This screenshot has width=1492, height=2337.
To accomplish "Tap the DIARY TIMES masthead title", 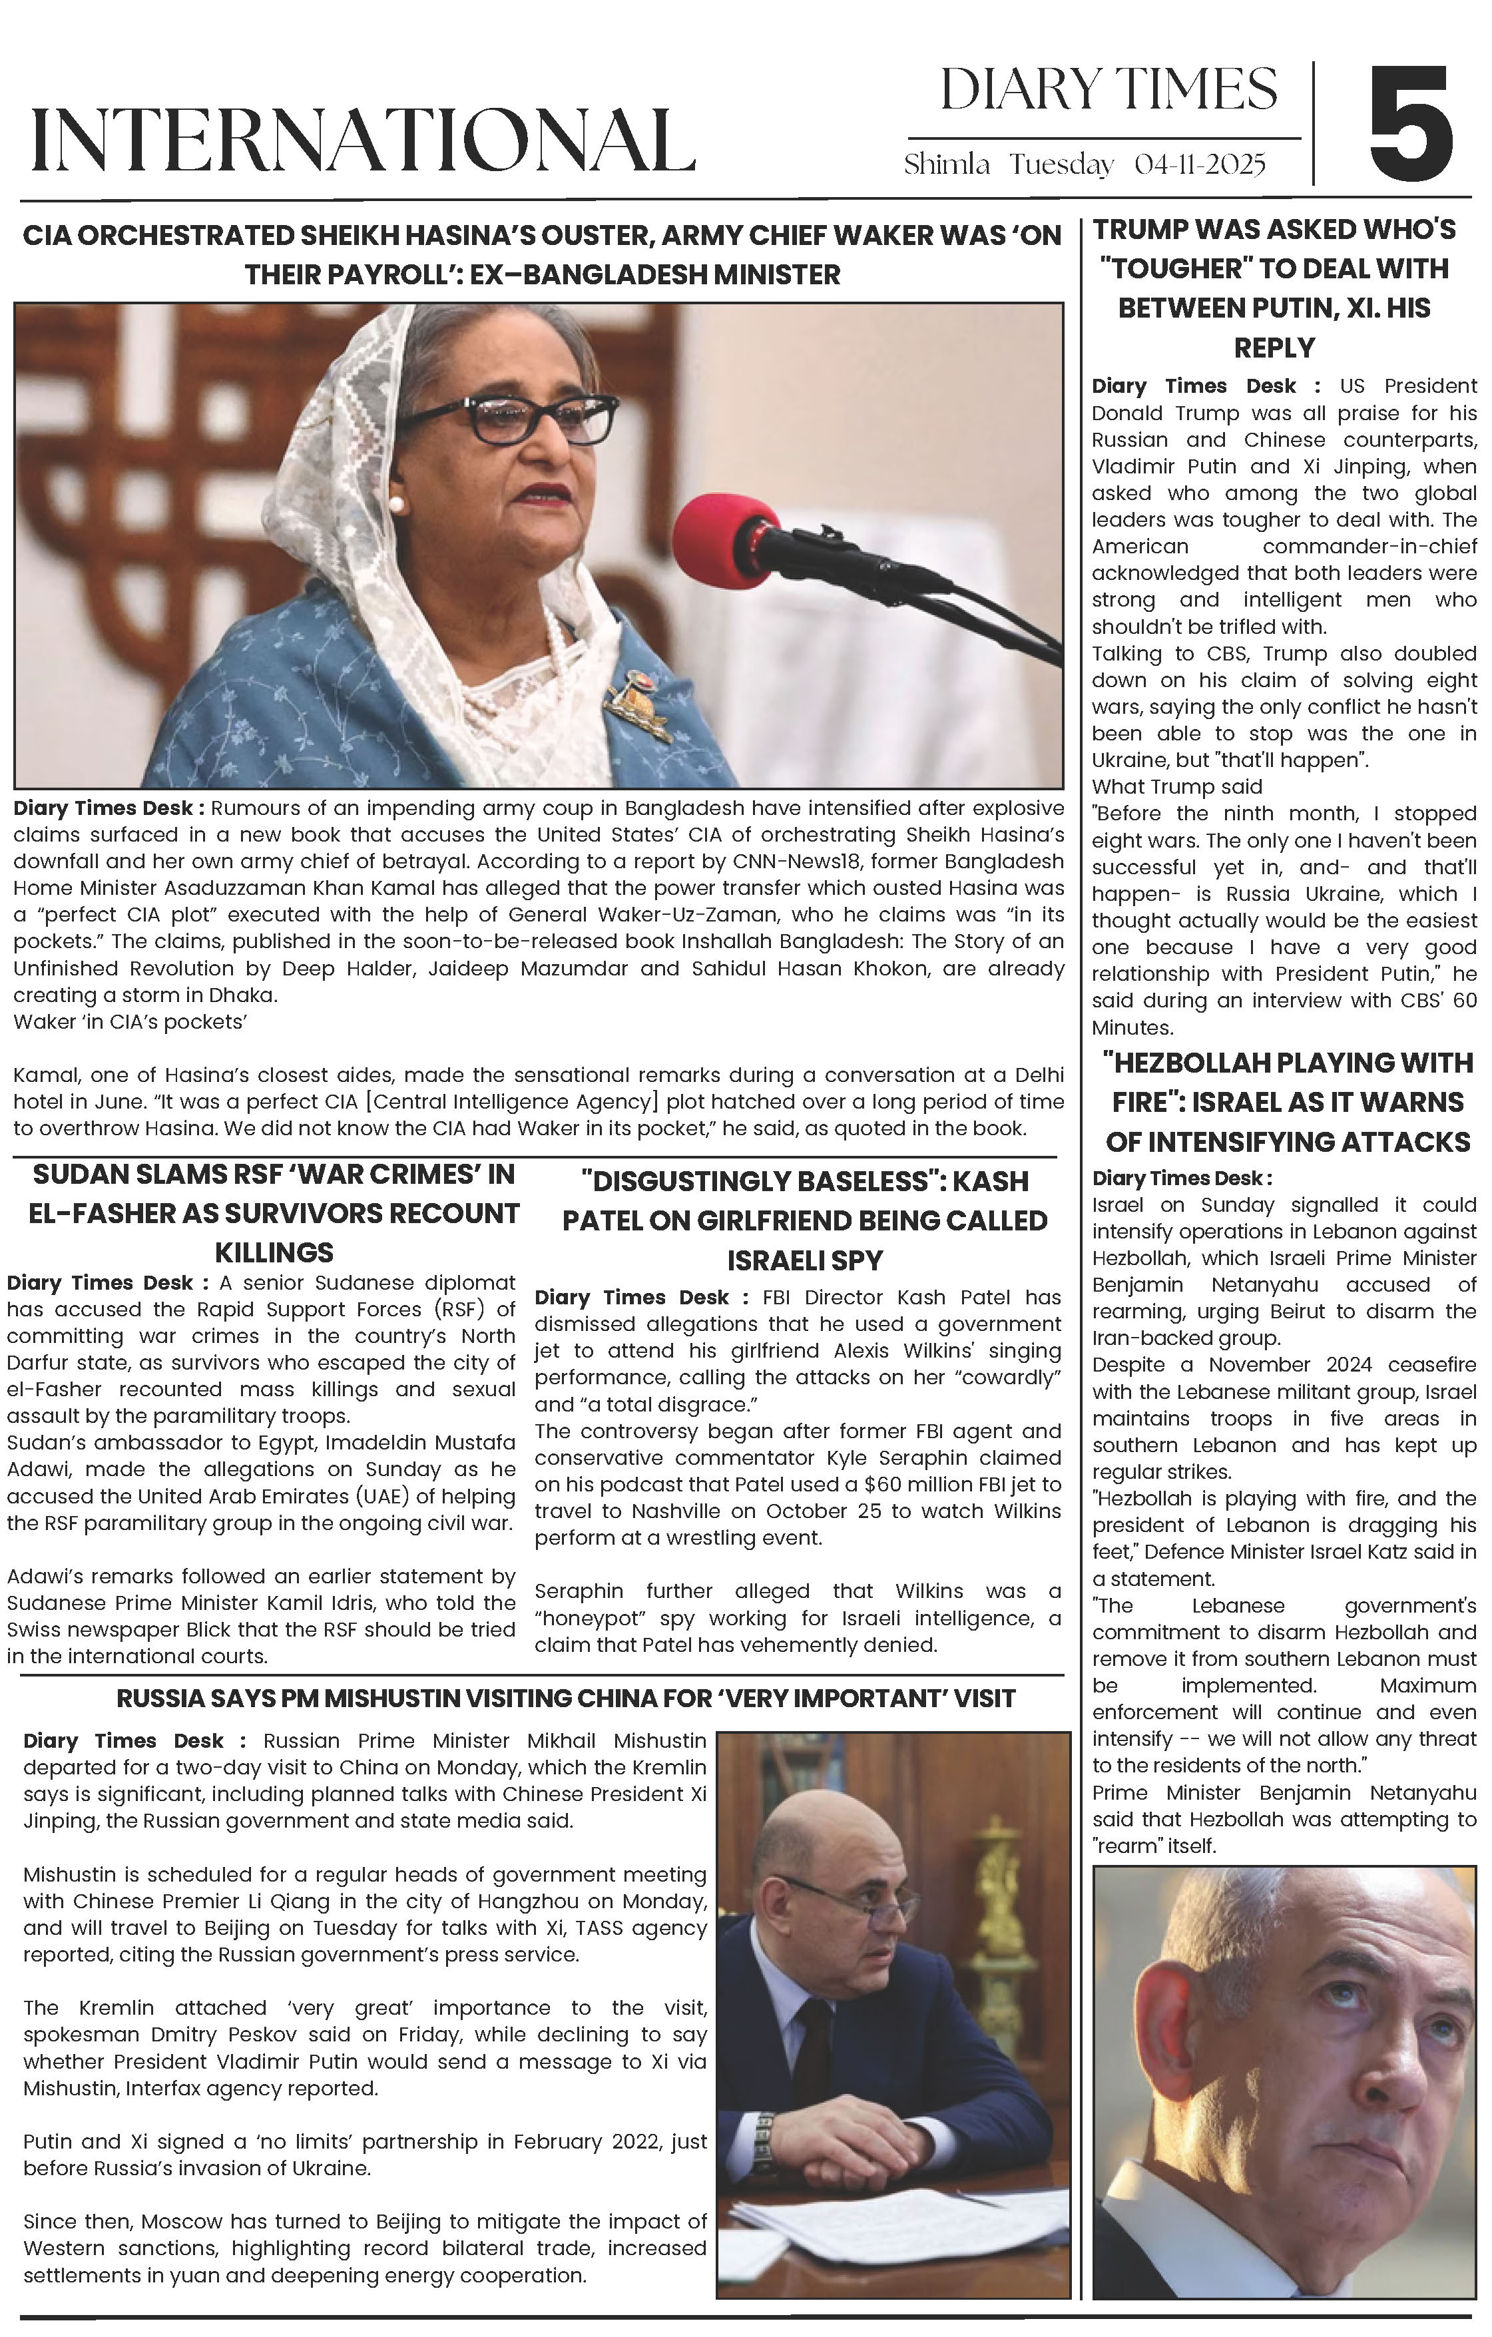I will point(1108,91).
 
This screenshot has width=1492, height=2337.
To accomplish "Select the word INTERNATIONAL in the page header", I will point(362,140).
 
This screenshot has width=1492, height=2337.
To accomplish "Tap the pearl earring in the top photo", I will point(396,505).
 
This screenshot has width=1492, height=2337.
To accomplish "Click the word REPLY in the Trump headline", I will point(1274,348).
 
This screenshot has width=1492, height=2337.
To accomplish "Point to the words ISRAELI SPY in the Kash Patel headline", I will point(805,1260).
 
